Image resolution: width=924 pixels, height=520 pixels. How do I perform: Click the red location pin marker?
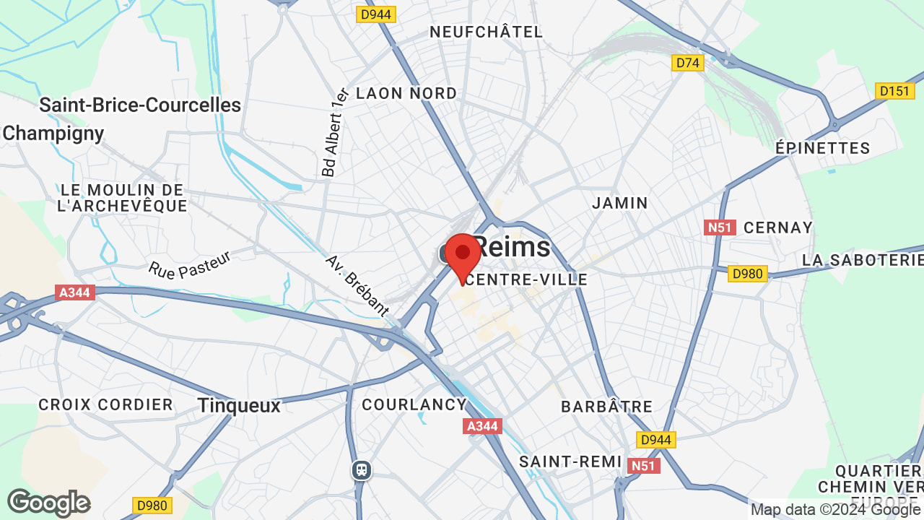[x=463, y=254]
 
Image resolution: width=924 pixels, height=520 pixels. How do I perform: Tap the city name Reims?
[x=513, y=248]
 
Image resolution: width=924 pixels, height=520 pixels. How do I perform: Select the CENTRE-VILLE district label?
[x=526, y=279]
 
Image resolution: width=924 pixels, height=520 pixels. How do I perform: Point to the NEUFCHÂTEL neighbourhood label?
[x=486, y=32]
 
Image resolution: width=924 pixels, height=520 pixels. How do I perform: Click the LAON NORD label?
[x=406, y=93]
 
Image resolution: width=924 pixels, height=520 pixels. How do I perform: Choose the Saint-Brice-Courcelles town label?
[x=140, y=105]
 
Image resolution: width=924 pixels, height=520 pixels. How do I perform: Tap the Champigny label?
[x=53, y=134]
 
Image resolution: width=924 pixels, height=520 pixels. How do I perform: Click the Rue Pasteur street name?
[x=190, y=264]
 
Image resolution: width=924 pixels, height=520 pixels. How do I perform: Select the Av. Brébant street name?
[x=357, y=285]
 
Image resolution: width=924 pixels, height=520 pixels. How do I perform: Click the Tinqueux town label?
[x=239, y=406]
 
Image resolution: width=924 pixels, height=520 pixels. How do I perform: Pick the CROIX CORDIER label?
[x=105, y=404]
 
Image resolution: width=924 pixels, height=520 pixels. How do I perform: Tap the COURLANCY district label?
[x=414, y=404]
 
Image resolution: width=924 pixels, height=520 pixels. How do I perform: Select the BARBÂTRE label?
[x=606, y=407]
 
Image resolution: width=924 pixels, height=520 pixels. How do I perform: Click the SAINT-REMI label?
[x=570, y=461]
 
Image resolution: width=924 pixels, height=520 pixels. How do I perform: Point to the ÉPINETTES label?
[x=822, y=148]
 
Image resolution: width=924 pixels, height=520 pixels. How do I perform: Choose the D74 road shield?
[x=687, y=64]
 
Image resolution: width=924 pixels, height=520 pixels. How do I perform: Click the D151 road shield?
[x=892, y=91]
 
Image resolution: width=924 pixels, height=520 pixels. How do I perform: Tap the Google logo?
[x=48, y=503]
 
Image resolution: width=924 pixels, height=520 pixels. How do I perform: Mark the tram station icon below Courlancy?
[x=362, y=470]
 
